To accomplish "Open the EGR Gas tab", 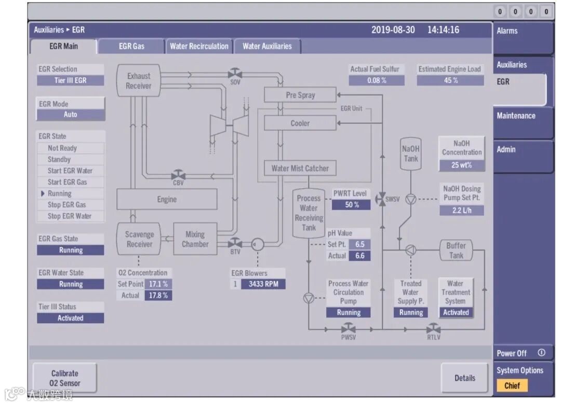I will click(131, 46).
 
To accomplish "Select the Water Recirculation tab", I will click(199, 46).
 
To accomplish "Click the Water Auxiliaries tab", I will click(267, 46).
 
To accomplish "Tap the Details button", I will click(464, 378).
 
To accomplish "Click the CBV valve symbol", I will click(178, 174).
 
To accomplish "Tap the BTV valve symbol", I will click(235, 243).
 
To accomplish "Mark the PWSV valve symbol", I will click(348, 328).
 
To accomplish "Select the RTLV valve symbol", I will click(433, 328).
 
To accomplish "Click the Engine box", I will click(167, 199).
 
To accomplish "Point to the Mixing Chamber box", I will click(195, 239).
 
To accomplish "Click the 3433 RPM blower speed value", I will click(263, 284).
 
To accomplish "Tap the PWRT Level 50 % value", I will click(352, 205).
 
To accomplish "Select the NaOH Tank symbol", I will click(411, 153).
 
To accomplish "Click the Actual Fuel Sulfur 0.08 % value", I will click(376, 80).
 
